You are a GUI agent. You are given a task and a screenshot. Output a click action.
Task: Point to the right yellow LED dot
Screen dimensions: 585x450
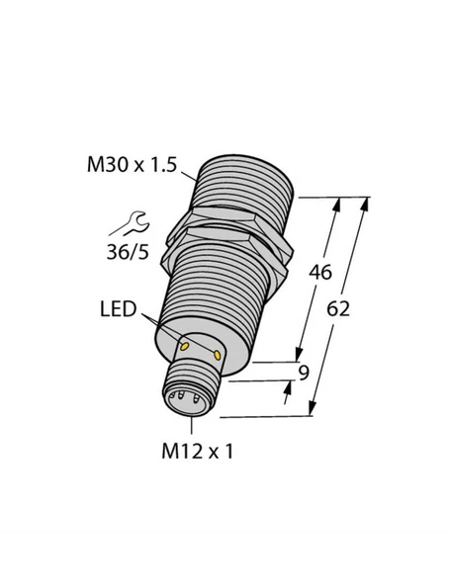pos(216,352)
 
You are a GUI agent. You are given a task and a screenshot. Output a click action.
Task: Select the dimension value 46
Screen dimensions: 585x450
pos(320,274)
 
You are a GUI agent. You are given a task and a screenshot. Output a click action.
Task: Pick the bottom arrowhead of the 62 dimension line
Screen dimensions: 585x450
pos(315,408)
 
